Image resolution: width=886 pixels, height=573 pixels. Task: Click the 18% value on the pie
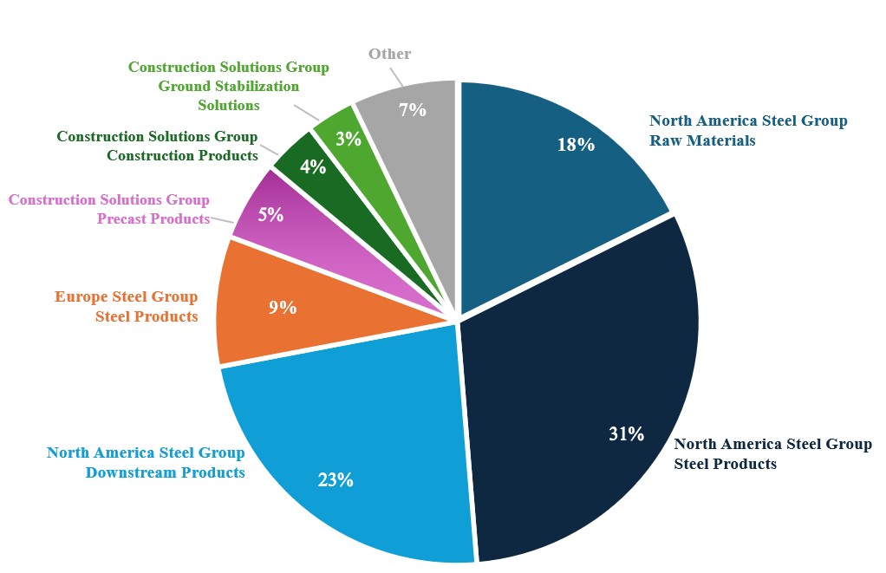pyautogui.click(x=576, y=145)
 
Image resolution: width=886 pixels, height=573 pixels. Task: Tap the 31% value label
pyautogui.click(x=626, y=433)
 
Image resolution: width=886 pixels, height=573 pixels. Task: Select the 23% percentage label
pyautogui.click(x=336, y=479)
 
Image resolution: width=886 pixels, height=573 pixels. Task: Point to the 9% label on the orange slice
pyautogui.click(x=283, y=308)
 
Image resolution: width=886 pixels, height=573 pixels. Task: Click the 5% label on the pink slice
pyautogui.click(x=270, y=215)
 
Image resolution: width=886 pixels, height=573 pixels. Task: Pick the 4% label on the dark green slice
pyautogui.click(x=313, y=166)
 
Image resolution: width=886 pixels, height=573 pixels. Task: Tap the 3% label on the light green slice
pyautogui.click(x=349, y=139)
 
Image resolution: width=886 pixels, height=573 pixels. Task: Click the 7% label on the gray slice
pyautogui.click(x=413, y=109)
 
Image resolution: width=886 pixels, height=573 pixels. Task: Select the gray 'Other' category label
pyautogui.click(x=390, y=54)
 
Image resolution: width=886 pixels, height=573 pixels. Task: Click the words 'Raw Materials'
pyautogui.click(x=702, y=140)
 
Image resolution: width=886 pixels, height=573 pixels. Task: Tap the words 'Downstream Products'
pyautogui.click(x=165, y=472)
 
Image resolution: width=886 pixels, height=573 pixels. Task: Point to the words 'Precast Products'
pyautogui.click(x=153, y=218)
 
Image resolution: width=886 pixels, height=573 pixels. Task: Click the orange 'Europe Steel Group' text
pyautogui.click(x=126, y=296)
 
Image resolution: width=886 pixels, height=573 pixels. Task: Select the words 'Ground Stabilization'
pyautogui.click(x=229, y=86)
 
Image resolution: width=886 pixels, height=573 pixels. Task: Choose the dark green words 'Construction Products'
pyautogui.click(x=183, y=155)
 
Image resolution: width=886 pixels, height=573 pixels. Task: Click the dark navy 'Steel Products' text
pyautogui.click(x=726, y=464)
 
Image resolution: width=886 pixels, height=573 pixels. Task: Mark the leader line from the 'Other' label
pyautogui.click(x=396, y=77)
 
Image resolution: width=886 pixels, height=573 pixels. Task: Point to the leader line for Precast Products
pyautogui.click(x=222, y=221)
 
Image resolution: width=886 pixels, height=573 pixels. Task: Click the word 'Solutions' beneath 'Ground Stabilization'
pyautogui.click(x=229, y=105)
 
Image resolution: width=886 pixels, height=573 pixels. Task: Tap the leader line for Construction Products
pyautogui.click(x=269, y=150)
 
